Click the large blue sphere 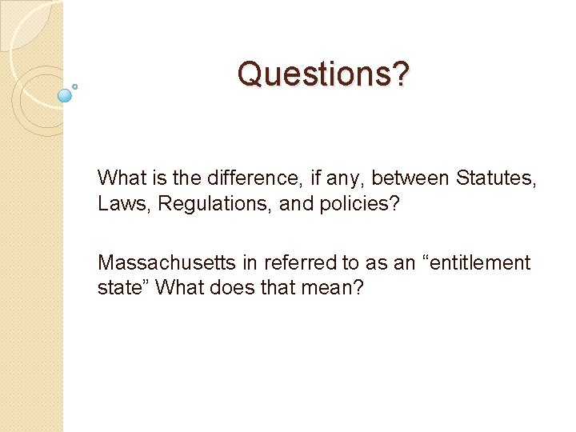click(66, 95)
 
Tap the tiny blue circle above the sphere click(75, 85)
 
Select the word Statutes click(496, 178)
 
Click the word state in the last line click(119, 288)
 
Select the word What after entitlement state click(182, 288)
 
